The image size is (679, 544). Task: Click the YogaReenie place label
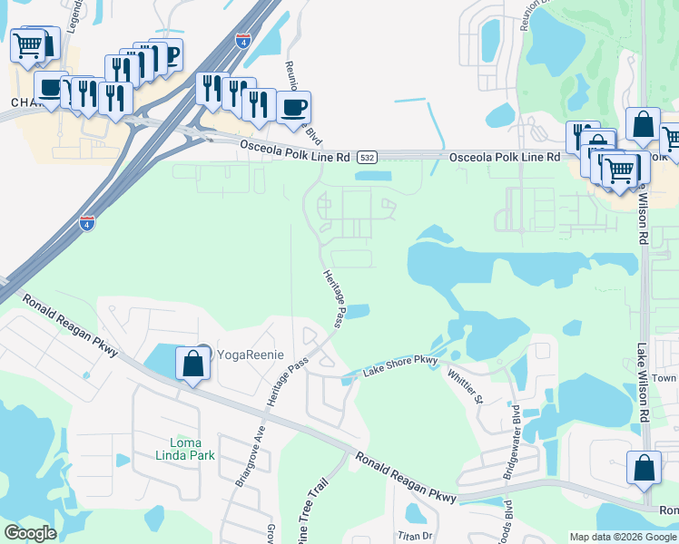249,354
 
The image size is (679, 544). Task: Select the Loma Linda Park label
186,449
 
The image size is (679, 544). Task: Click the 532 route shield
366,158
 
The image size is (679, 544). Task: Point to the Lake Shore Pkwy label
400,366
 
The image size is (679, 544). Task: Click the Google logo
30,533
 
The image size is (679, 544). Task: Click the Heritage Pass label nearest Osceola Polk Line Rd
333,298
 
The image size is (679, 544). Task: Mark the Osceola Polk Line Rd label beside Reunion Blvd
294,151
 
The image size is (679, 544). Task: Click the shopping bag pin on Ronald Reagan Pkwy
644,468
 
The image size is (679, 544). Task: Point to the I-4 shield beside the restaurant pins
241,41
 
